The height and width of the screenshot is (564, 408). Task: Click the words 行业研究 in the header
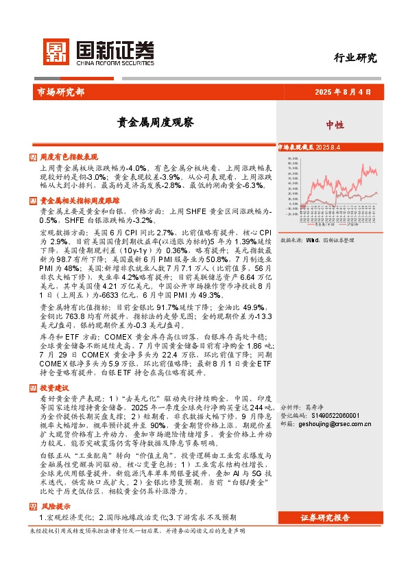[x=355, y=58]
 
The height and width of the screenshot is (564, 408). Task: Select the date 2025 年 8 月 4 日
[x=342, y=91]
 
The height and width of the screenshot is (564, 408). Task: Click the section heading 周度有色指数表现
[x=69, y=157]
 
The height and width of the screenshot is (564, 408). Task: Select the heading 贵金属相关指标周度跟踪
[x=79, y=201]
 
